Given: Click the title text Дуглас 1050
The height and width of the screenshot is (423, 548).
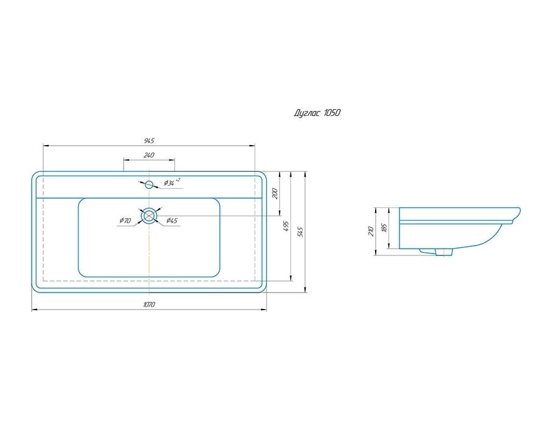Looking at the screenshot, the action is [317, 113].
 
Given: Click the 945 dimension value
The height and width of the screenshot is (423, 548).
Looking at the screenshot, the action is [149, 141].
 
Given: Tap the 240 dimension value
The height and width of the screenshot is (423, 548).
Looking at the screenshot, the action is [149, 155].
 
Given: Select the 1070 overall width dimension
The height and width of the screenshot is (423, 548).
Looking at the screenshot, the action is [149, 304].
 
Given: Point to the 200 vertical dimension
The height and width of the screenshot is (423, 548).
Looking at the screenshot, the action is [275, 193].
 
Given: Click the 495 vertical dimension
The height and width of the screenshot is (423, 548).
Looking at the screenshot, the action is [287, 226].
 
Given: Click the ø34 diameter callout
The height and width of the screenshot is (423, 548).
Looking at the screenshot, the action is [172, 182].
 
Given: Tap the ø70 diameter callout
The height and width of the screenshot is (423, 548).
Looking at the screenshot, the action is [125, 221].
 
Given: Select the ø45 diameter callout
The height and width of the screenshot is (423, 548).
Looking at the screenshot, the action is [172, 221].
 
